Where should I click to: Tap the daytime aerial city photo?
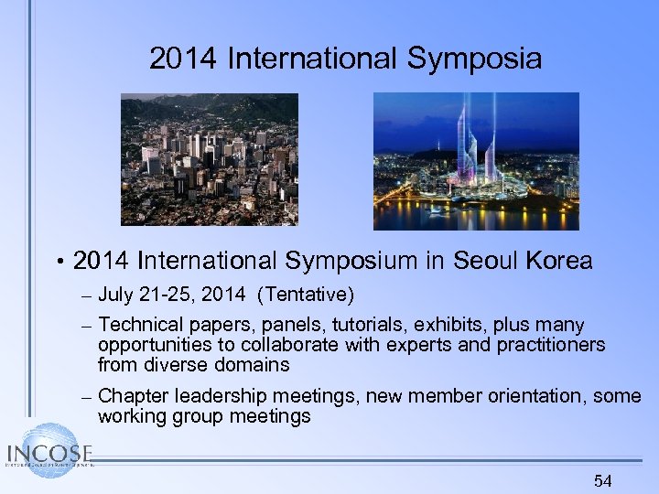210,159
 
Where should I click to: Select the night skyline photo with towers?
476,161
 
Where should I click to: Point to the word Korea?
559,261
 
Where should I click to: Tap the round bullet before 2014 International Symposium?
58,262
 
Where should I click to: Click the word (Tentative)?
307,295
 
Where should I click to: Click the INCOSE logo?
49,452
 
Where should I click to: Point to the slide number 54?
602,480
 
